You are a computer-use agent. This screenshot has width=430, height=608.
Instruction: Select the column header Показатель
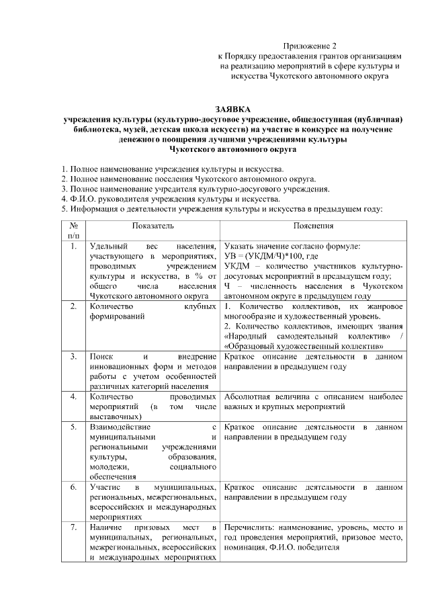tap(153, 226)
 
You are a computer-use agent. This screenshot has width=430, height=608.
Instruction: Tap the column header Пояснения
tap(313, 226)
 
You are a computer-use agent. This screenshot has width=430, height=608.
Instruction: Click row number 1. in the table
tap(73, 247)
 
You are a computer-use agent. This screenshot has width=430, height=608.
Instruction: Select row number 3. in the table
tap(73, 355)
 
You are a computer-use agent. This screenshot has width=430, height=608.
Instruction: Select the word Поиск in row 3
tap(101, 355)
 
